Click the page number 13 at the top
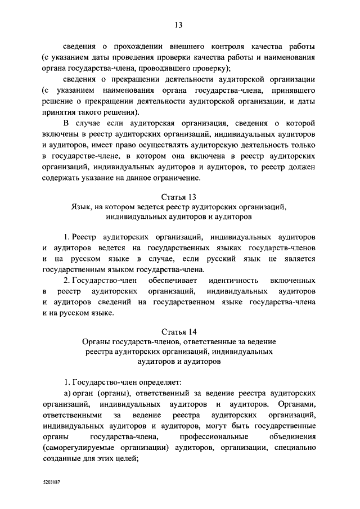[x=179, y=25]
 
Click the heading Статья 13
[x=179, y=197]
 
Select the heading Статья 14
[x=179, y=331]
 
